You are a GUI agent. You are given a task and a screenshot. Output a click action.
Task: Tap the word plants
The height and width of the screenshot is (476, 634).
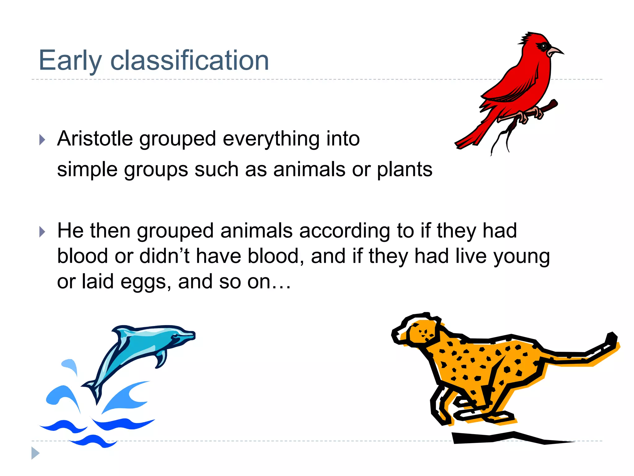point(404,170)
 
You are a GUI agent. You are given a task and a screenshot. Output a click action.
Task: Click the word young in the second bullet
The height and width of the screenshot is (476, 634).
point(522,257)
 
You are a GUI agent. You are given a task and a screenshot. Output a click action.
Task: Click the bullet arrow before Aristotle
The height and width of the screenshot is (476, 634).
point(42,139)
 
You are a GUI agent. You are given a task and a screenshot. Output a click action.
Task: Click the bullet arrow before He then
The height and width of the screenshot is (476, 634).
point(42,232)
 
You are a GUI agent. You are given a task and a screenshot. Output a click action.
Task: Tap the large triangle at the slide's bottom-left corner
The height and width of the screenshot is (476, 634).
point(35,453)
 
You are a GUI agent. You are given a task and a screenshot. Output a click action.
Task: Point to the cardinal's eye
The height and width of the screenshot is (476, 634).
point(544,46)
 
